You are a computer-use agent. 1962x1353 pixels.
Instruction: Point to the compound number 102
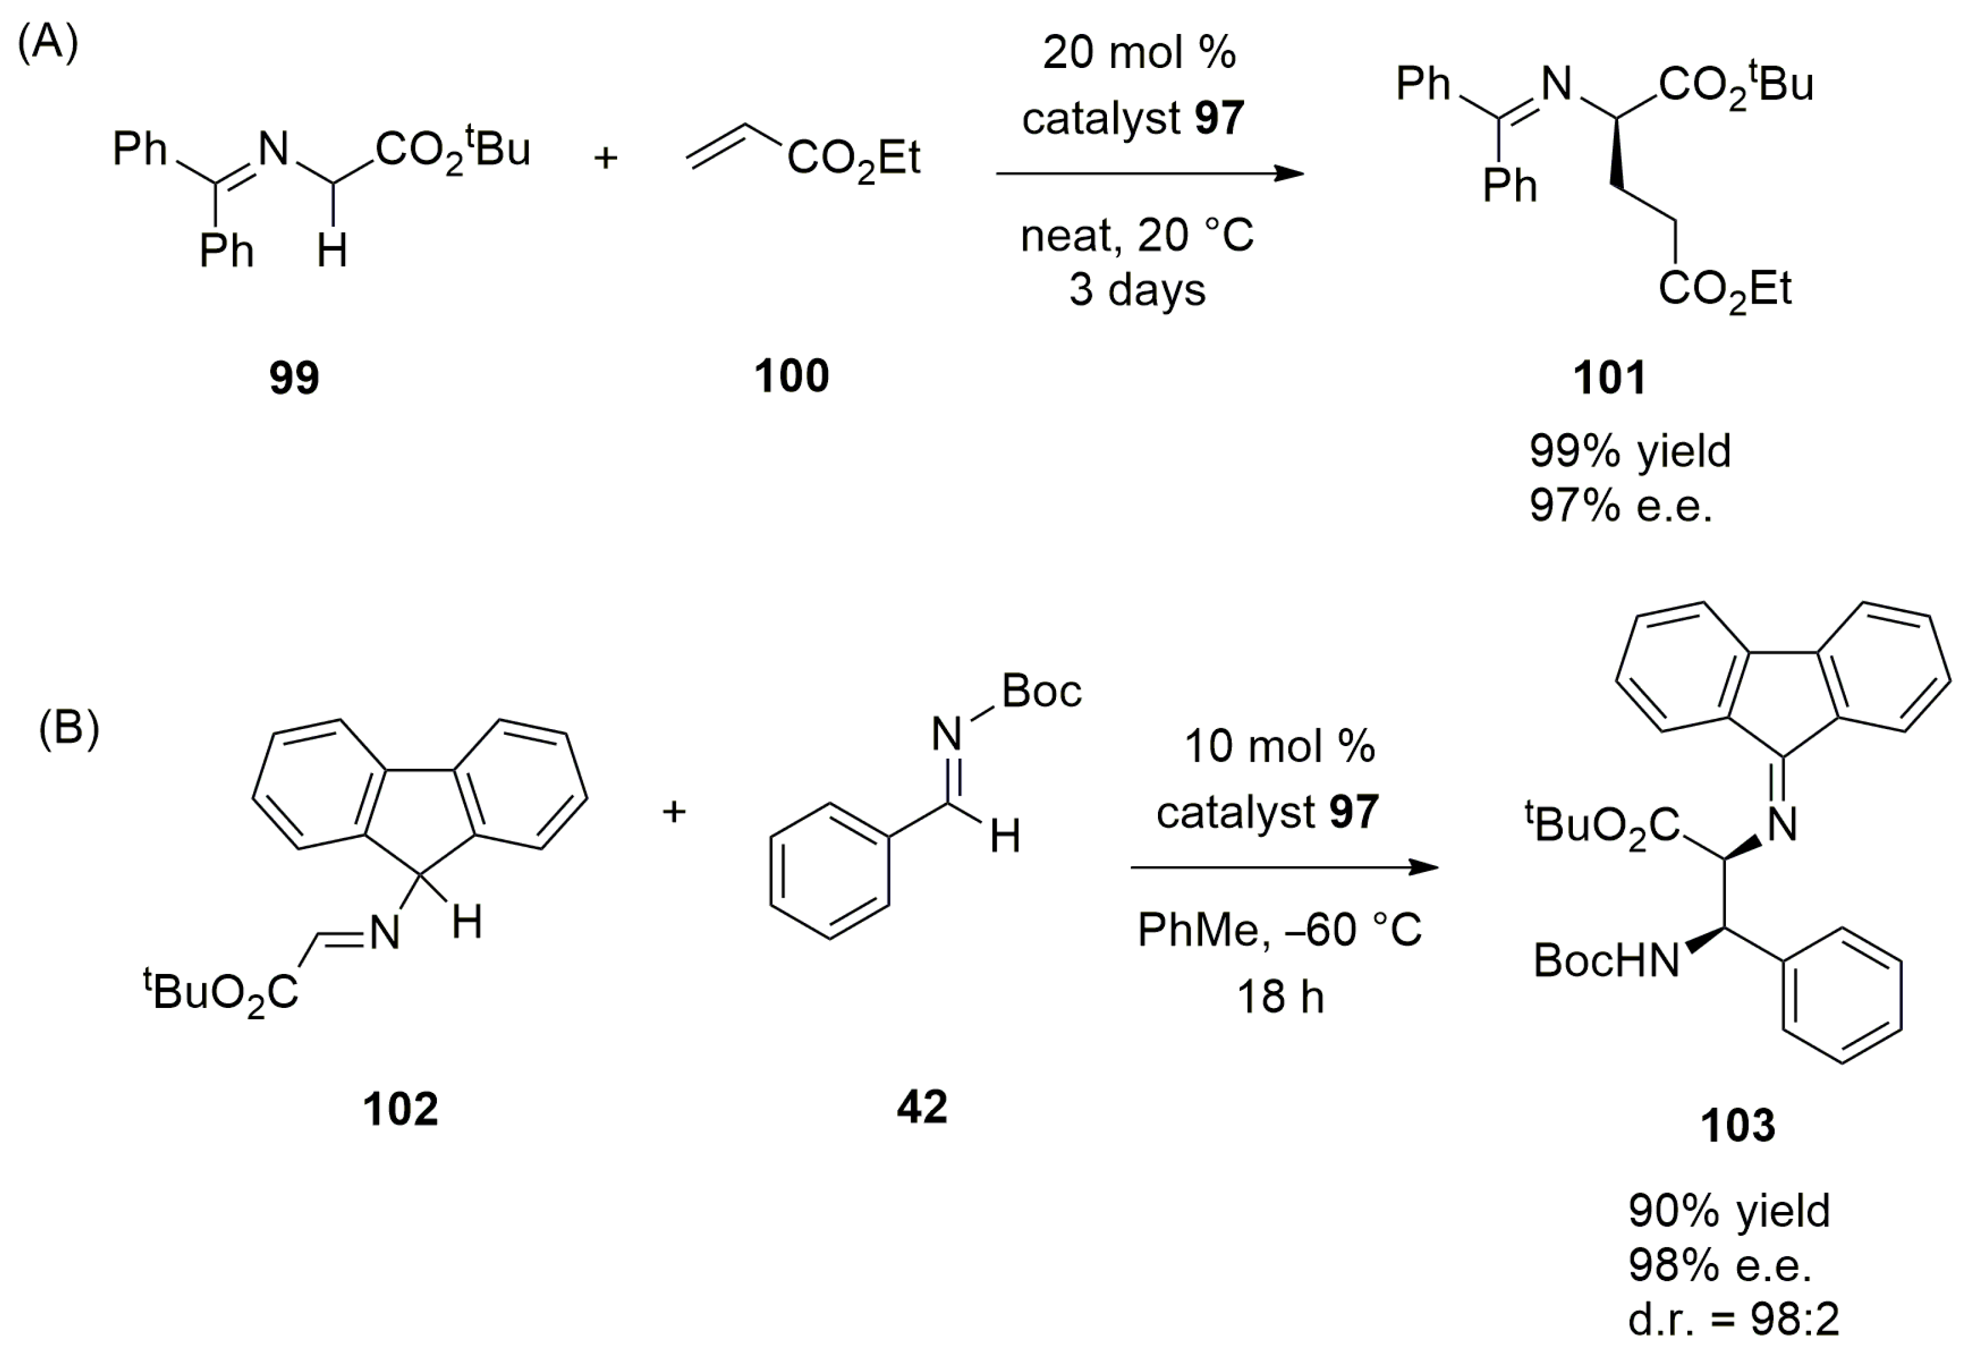coord(400,1109)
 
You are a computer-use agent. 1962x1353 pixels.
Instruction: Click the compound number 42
coord(922,1107)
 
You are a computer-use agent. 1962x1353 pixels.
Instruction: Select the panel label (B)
coord(69,727)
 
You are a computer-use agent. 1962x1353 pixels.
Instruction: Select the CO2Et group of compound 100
coord(853,159)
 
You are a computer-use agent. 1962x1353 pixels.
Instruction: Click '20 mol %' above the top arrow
coord(1138,52)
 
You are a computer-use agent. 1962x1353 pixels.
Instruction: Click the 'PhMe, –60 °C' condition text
coord(1279,930)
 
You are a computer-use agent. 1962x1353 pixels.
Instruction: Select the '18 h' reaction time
coord(1280,996)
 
